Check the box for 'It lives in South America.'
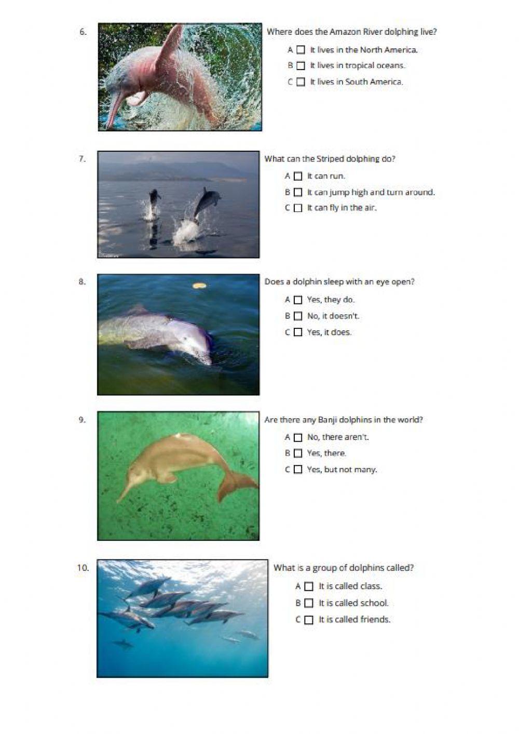pyautogui.click(x=301, y=82)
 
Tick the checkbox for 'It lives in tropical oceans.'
pyautogui.click(x=301, y=66)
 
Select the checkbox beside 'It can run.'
pyautogui.click(x=298, y=177)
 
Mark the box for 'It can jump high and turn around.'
pyautogui.click(x=298, y=192)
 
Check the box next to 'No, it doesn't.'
pyautogui.click(x=298, y=316)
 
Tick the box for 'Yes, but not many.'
pyautogui.click(x=298, y=470)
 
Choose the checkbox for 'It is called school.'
pyautogui.click(x=309, y=603)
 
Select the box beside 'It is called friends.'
pyautogui.click(x=309, y=620)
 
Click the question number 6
pyautogui.click(x=83, y=32)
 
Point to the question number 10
pyautogui.click(x=83, y=568)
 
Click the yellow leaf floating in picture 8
pyautogui.click(x=198, y=285)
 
